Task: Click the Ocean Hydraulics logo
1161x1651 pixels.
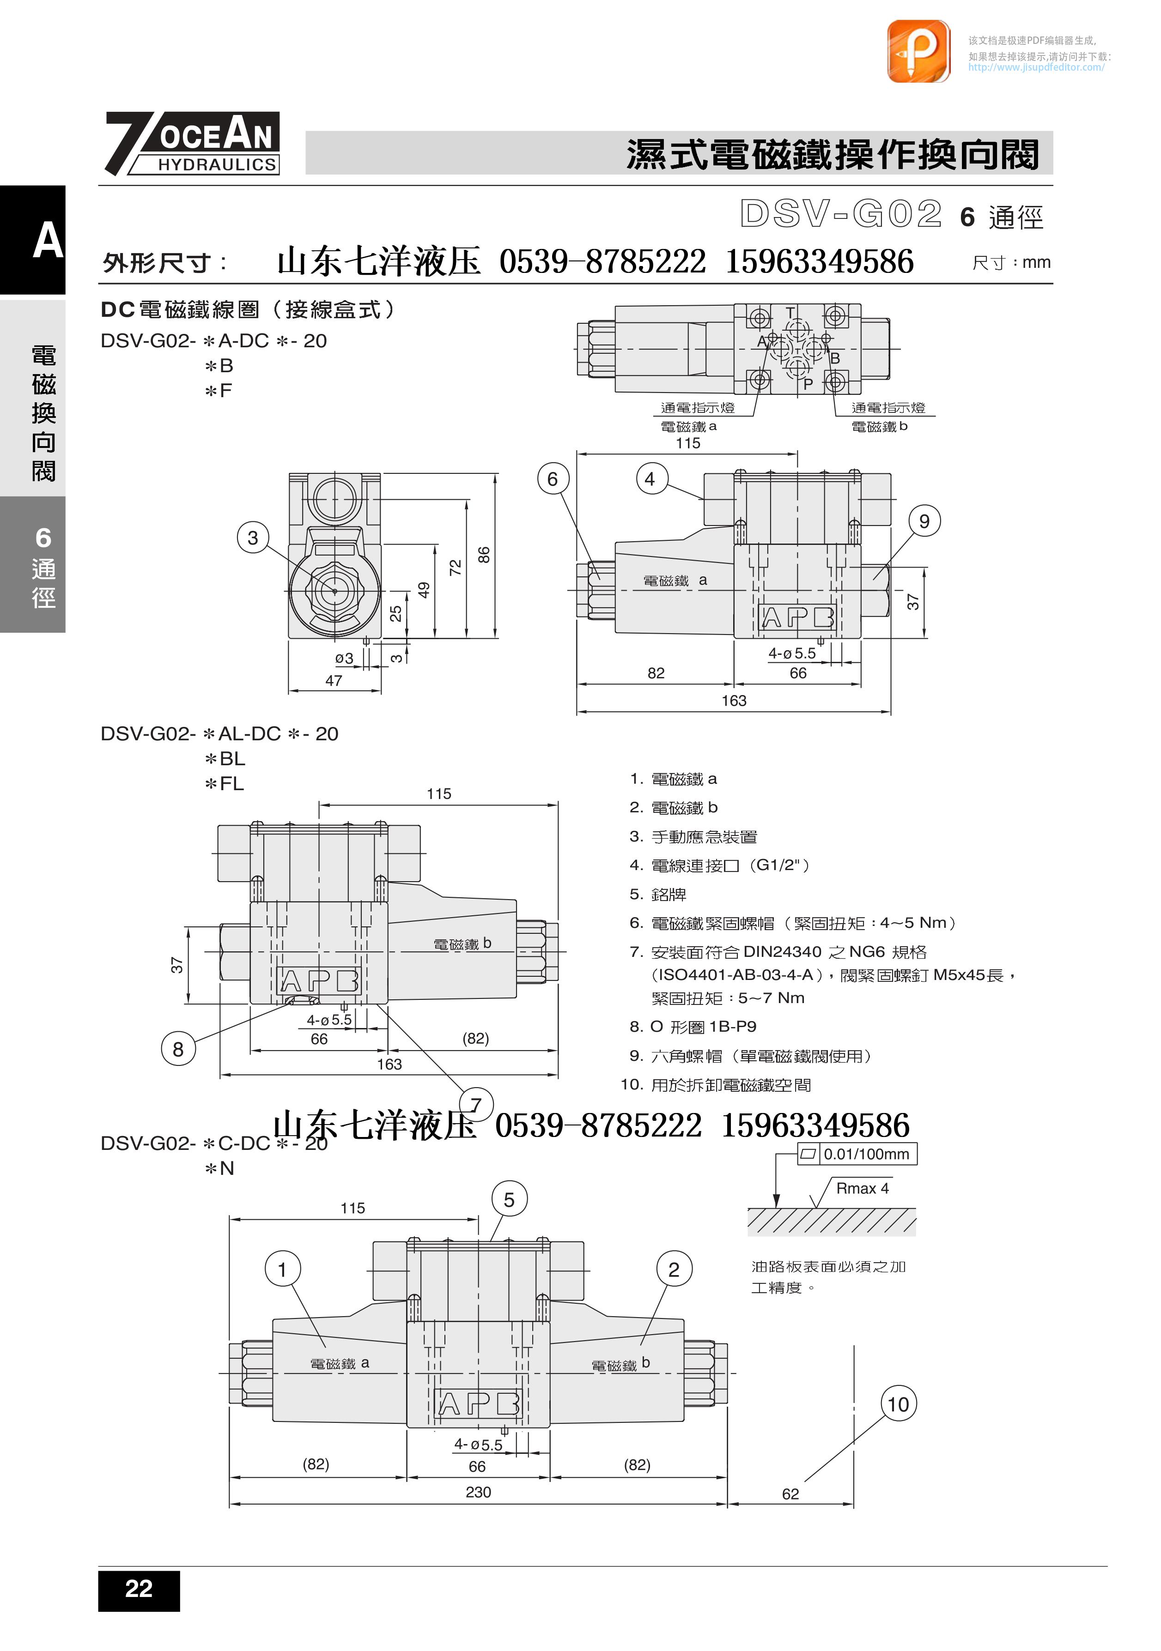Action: click(x=193, y=143)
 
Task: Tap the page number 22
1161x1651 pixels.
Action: click(x=139, y=1589)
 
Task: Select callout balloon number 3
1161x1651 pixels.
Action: click(x=253, y=538)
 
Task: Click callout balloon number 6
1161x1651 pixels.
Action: click(x=553, y=479)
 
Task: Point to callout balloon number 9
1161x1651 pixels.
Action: click(x=924, y=521)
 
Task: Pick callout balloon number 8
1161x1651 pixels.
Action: click(x=178, y=1049)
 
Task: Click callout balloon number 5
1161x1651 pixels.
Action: click(x=509, y=1199)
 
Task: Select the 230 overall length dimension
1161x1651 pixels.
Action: click(x=478, y=1492)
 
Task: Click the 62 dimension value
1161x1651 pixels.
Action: click(x=790, y=1494)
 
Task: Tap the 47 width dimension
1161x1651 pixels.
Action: click(x=334, y=680)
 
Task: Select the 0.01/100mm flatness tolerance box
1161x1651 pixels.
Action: click(x=857, y=1154)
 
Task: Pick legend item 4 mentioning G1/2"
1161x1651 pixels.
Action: click(x=719, y=865)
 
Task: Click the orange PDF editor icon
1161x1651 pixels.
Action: click(x=918, y=51)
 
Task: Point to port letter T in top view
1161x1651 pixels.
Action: click(x=790, y=312)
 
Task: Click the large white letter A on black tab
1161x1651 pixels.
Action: click(x=48, y=240)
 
